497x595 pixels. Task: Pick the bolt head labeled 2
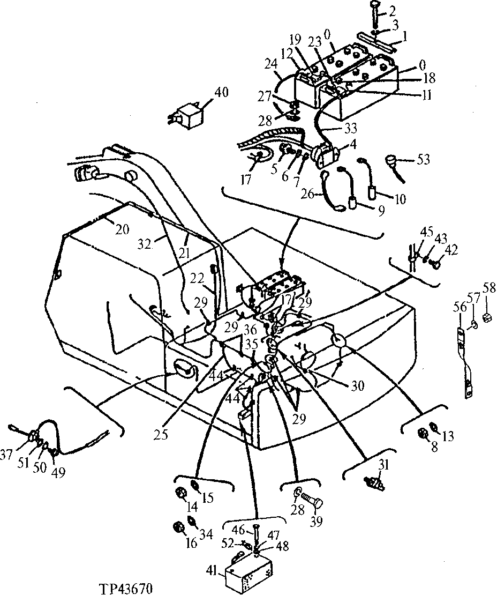tap(374, 6)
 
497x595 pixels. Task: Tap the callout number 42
tap(451, 250)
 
